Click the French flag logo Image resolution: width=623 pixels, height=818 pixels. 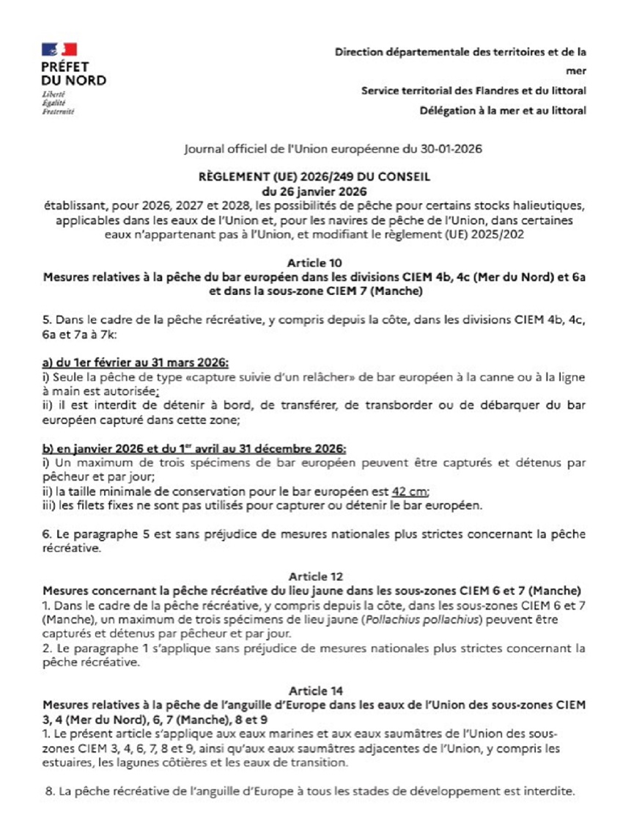(59, 50)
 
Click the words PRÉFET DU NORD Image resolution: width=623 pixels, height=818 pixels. (73, 73)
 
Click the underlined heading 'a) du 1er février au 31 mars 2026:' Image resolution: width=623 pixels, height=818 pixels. (136, 362)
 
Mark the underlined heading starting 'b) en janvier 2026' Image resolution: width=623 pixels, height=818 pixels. (194, 448)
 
